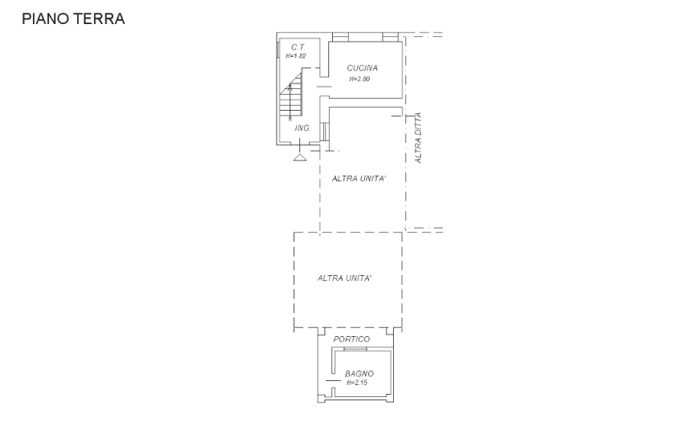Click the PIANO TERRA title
pos(73,19)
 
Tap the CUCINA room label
pos(363,68)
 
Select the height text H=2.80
pos(359,79)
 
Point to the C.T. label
pos(298,47)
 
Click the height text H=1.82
pos(296,56)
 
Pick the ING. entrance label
pos(302,128)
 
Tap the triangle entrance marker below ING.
pos(299,157)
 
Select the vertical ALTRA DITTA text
pos(419,138)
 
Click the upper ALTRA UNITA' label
pos(359,179)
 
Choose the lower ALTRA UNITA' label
pos(345,278)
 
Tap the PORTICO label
pos(351,339)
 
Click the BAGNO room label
pos(359,374)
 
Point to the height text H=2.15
pos(357,383)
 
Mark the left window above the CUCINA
pos(339,38)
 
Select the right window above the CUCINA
pos(390,38)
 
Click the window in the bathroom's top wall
pos(355,349)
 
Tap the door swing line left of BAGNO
pos(333,381)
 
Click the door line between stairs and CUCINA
pos(324,87)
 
